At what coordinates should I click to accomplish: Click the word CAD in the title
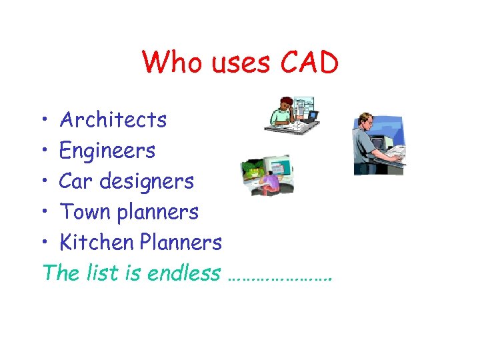[310, 63]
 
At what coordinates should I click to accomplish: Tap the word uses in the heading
[239, 63]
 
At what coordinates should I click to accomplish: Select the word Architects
[113, 120]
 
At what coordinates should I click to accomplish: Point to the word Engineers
[107, 151]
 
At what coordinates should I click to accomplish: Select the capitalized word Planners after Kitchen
[181, 242]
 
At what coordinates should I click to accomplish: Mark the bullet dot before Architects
[42, 121]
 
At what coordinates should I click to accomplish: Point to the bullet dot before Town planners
[42, 213]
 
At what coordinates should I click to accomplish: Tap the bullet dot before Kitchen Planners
[42, 243]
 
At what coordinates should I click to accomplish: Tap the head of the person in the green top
[285, 103]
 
